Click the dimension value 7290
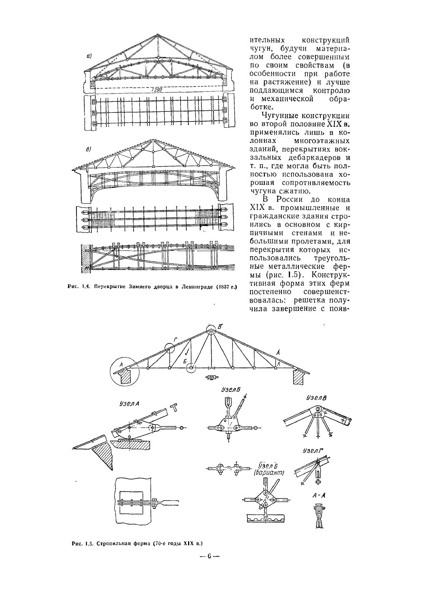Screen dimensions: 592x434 tap(158, 91)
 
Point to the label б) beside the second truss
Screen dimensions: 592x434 tap(89, 150)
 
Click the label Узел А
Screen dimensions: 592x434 tap(129, 403)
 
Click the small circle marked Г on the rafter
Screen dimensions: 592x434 tap(169, 348)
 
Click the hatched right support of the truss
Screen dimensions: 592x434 tap(299, 377)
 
